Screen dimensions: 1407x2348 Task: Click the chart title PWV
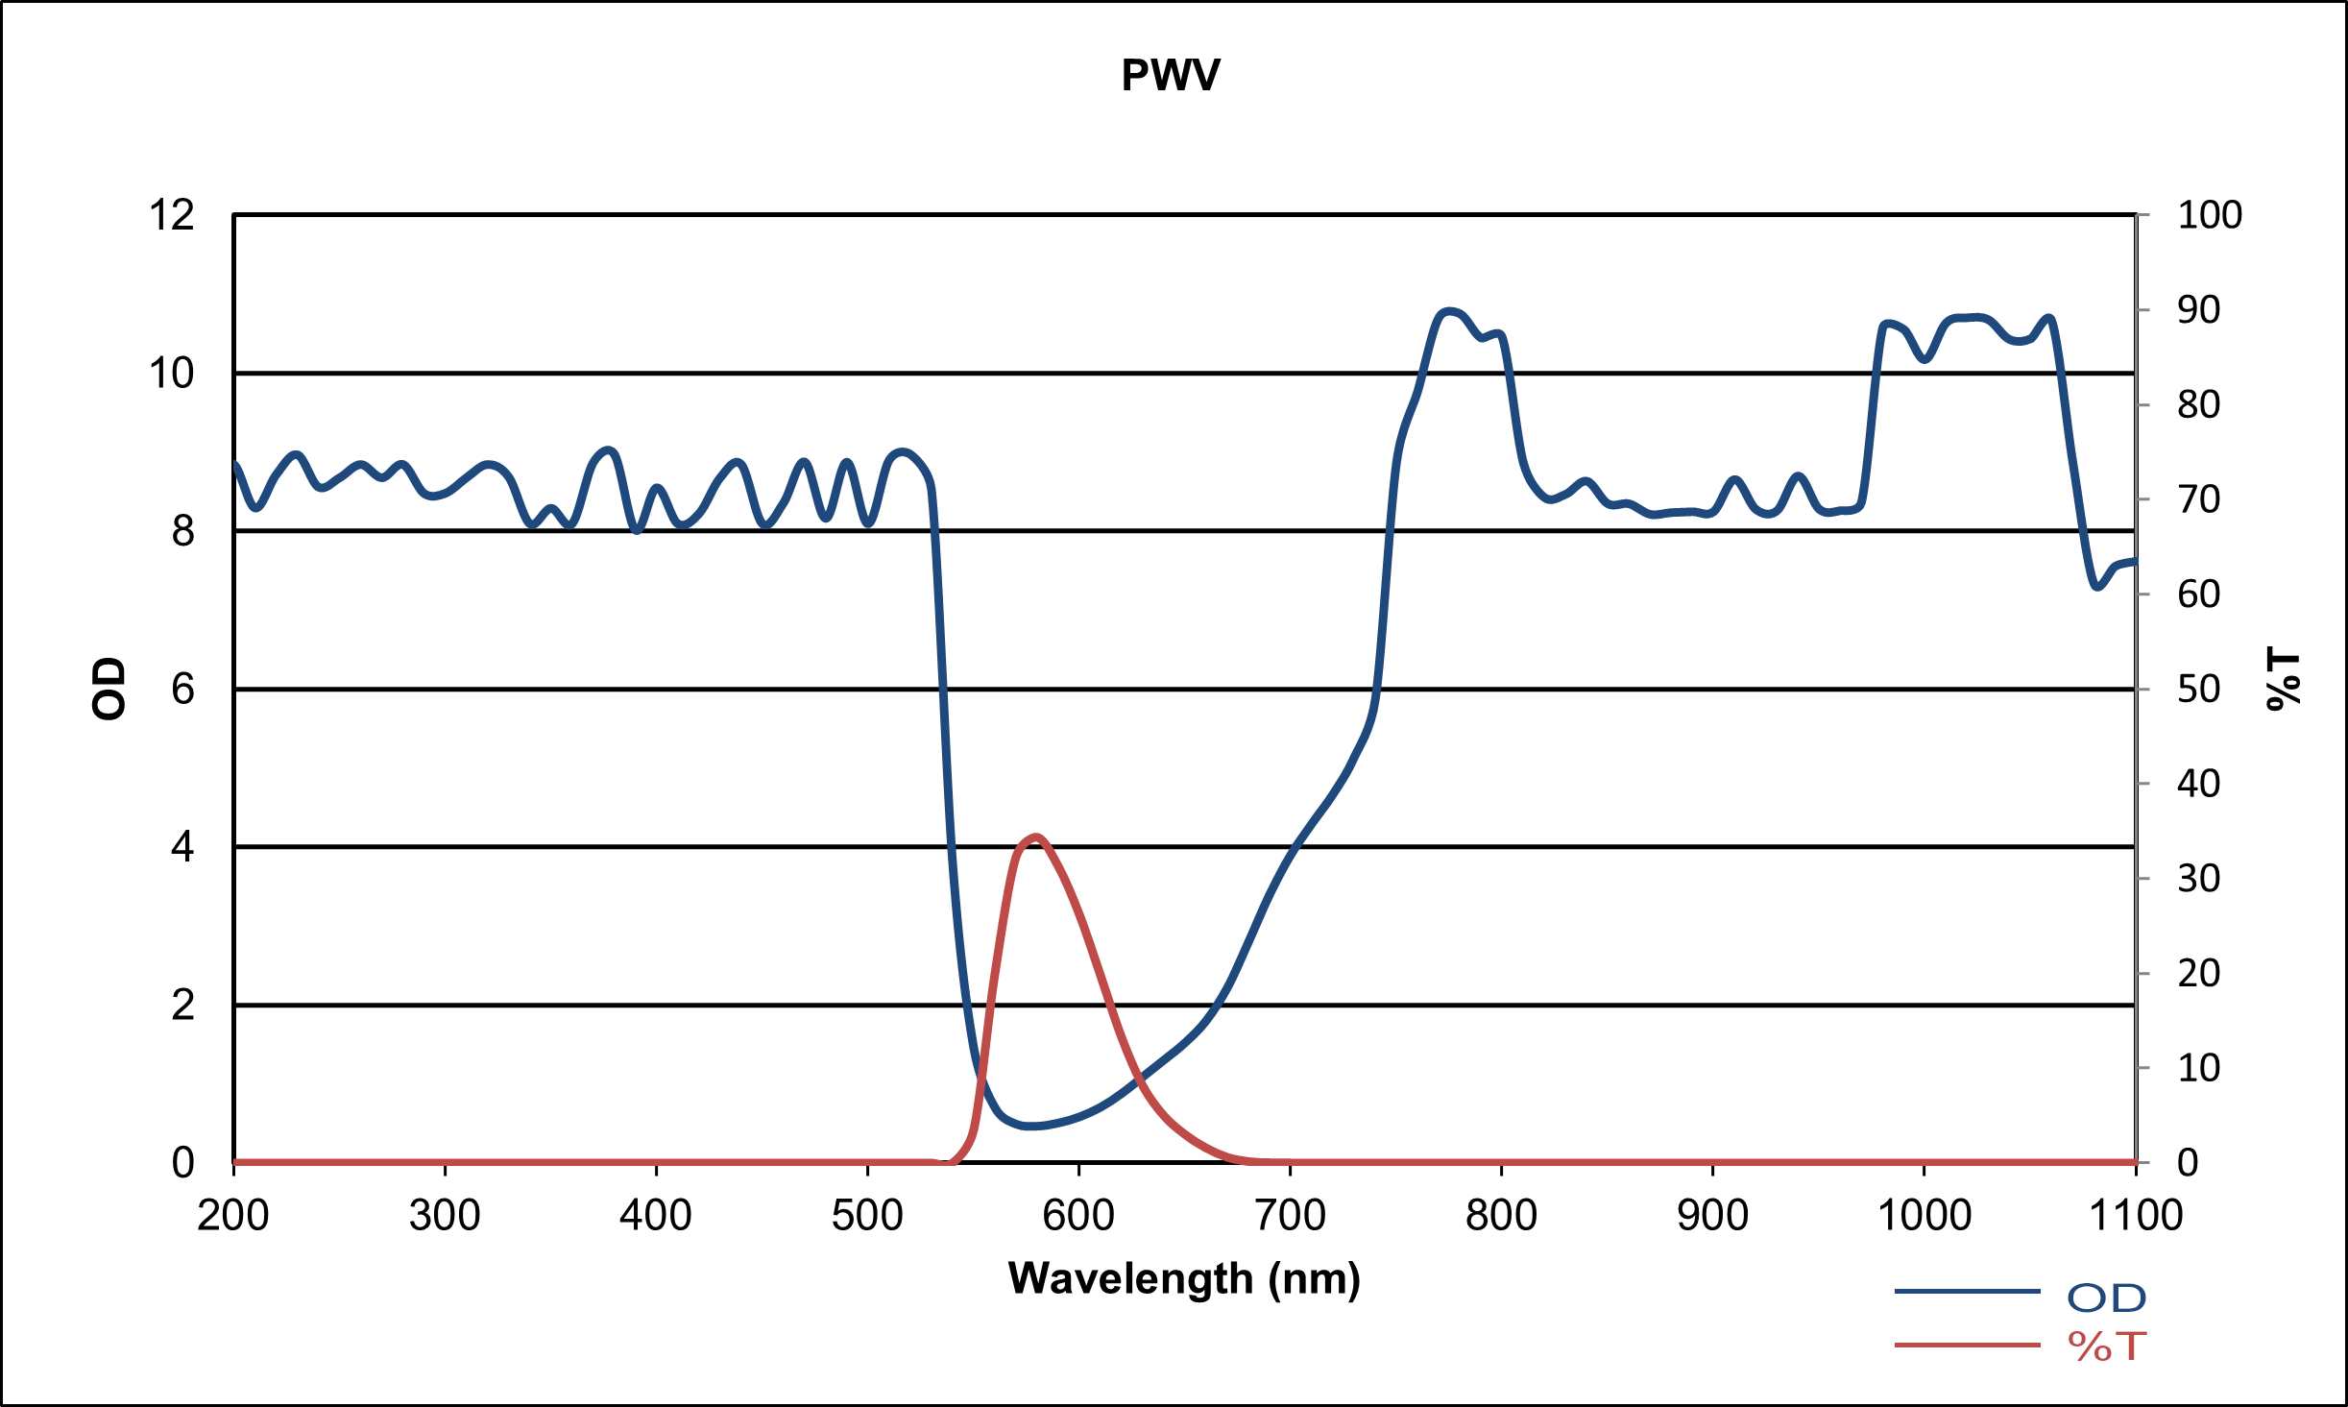1171,76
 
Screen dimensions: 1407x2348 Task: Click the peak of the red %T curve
1035,837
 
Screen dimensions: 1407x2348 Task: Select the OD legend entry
2105,1298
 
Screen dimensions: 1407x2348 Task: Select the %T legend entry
2105,1346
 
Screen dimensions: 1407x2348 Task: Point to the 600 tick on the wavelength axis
1078,1216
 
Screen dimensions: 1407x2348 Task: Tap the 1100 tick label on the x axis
2136,1216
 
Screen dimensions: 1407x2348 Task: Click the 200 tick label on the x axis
233,1216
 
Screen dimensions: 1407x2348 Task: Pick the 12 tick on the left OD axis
171,215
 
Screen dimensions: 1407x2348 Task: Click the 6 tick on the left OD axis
182,690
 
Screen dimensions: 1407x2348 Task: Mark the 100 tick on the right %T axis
2210,215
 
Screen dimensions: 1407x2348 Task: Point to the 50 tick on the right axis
2198,690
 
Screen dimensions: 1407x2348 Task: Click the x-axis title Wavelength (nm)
1184,1278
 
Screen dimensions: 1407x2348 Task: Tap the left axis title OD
109,689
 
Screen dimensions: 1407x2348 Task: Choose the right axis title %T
2284,679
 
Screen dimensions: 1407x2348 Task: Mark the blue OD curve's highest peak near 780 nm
1449,311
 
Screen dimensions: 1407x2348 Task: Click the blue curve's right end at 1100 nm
2134,561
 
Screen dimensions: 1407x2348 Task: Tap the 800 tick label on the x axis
1501,1216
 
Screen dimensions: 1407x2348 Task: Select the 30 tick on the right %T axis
2198,879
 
